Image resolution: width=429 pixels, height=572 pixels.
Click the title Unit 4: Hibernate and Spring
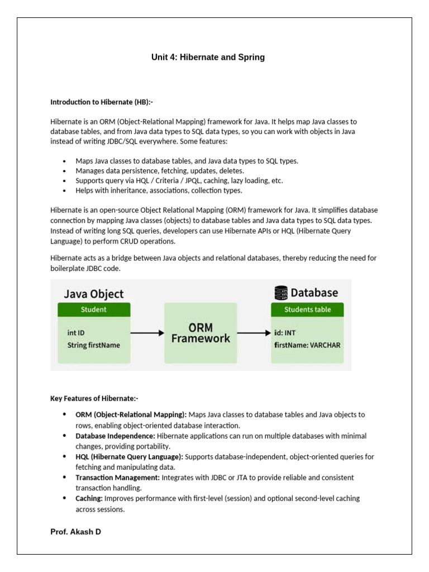coord(208,57)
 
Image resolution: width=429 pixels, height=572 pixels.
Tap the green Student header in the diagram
coord(94,309)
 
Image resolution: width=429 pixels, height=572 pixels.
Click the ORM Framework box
coord(201,332)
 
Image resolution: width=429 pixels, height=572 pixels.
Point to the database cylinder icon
coord(281,293)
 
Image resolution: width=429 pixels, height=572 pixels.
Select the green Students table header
coord(307,309)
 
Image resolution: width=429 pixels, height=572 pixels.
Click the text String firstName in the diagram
coord(93,345)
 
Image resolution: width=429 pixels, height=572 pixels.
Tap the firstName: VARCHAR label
coord(307,345)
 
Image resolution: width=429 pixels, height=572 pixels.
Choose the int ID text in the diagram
coord(76,333)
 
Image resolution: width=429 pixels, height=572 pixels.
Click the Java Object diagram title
coord(94,294)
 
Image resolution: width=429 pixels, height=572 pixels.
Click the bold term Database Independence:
coord(116,436)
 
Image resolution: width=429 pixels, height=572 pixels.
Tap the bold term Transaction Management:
coord(117,478)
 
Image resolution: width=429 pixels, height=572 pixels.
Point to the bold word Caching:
coord(89,498)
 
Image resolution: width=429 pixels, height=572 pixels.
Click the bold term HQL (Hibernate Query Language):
coord(129,456)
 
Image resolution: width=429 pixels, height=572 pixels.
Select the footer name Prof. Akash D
coord(75,532)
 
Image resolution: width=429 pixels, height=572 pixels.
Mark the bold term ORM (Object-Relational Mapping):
coord(131,414)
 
